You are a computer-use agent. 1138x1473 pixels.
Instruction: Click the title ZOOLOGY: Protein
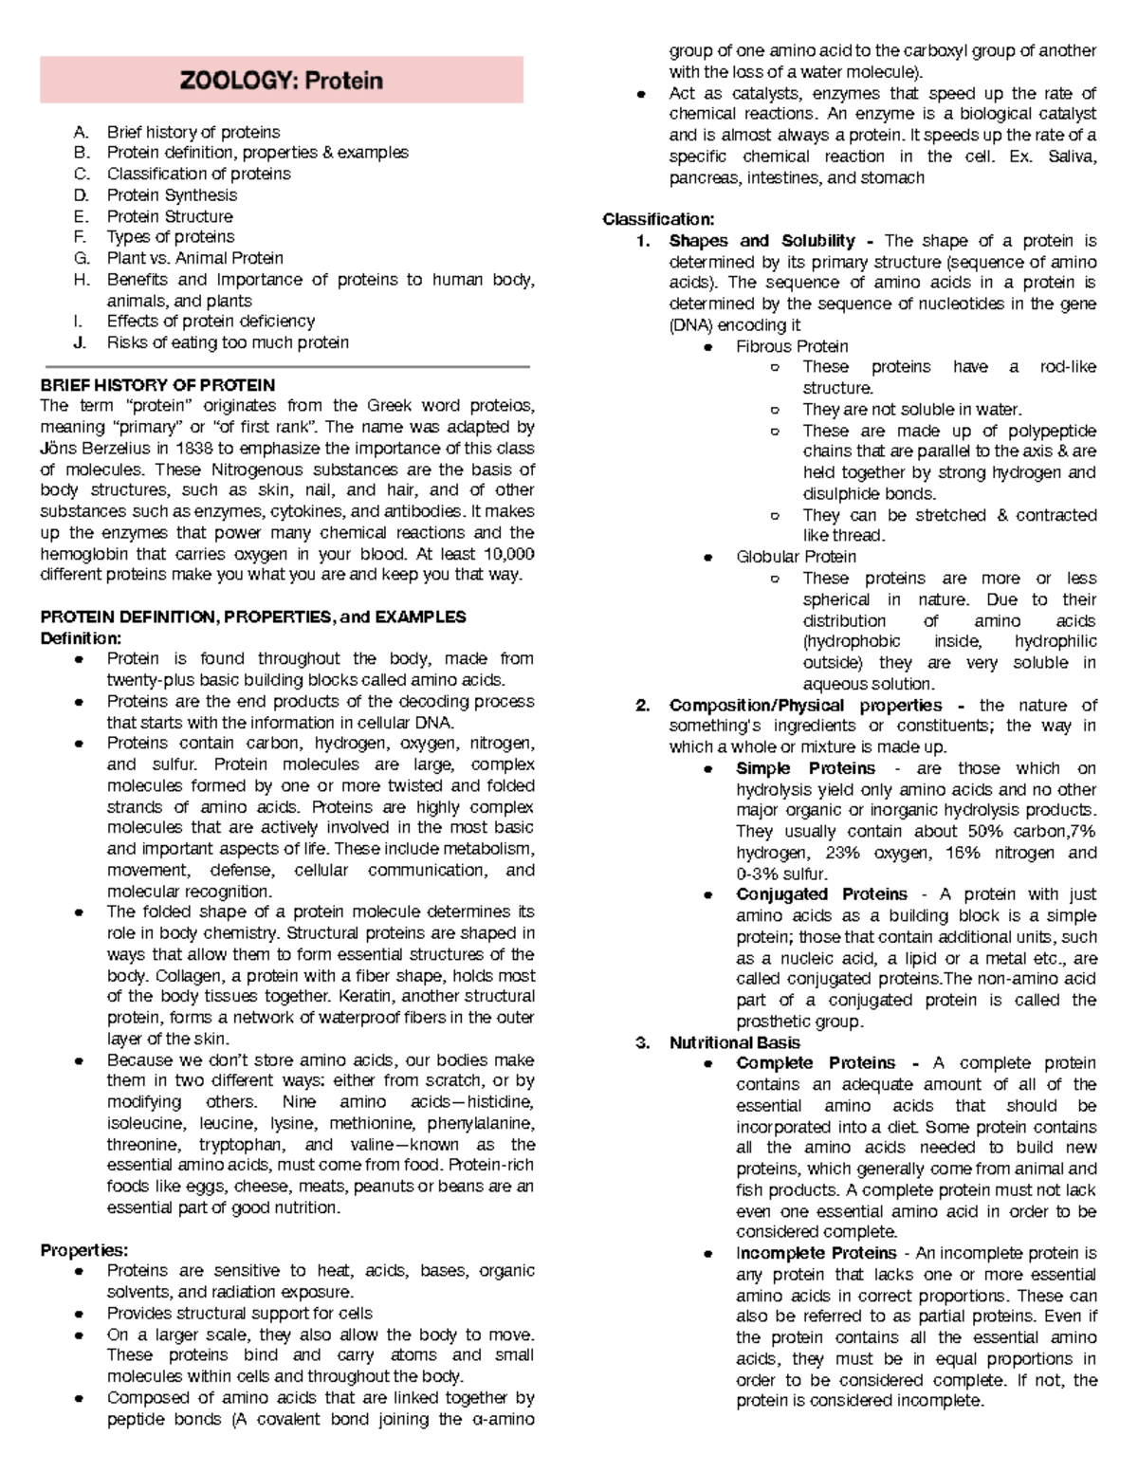coord(282,81)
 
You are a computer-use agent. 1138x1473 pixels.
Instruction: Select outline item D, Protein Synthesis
coord(172,195)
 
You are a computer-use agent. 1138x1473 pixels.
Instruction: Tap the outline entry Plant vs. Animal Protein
coord(194,258)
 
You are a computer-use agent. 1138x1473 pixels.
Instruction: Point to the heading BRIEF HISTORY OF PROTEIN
coord(157,385)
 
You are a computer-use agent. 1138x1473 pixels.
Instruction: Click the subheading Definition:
coord(81,638)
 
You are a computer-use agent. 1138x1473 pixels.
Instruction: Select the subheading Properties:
coord(83,1250)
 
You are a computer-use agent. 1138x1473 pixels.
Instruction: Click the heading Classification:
coord(658,220)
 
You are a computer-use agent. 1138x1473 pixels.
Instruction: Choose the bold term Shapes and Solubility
coord(762,241)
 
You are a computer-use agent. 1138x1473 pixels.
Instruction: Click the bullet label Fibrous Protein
coord(792,346)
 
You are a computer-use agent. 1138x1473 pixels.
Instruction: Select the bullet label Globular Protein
coord(796,557)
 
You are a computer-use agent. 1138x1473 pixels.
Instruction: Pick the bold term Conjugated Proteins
coord(821,894)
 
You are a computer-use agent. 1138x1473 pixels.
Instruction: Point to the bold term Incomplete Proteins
coord(816,1253)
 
